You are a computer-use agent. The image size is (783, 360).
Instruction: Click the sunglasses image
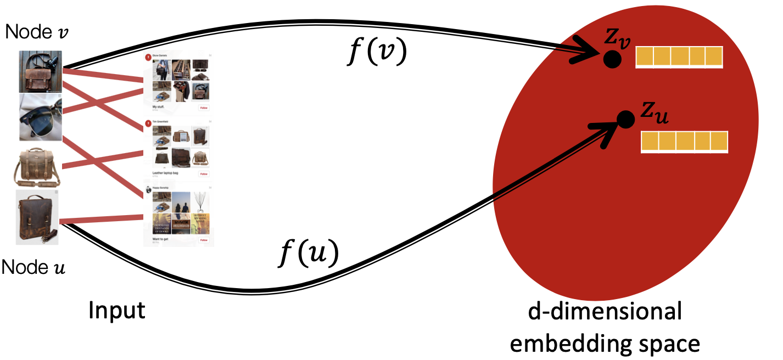pyautogui.click(x=40, y=116)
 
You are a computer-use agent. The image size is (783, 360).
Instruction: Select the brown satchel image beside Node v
pyautogui.click(x=41, y=71)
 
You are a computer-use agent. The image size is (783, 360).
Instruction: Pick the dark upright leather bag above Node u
pyautogui.click(x=37, y=217)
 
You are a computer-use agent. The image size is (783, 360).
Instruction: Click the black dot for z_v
pyautogui.click(x=612, y=59)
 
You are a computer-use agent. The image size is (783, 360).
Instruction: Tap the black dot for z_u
pyautogui.click(x=624, y=118)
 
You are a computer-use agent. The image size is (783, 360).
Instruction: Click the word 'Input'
pyautogui.click(x=118, y=311)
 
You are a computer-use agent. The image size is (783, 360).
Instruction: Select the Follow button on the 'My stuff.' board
pyautogui.click(x=204, y=108)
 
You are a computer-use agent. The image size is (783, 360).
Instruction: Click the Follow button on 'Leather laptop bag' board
pyautogui.click(x=204, y=174)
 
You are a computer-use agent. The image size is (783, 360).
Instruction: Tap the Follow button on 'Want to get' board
pyautogui.click(x=204, y=240)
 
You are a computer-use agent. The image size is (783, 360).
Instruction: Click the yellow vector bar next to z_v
pyautogui.click(x=679, y=57)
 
